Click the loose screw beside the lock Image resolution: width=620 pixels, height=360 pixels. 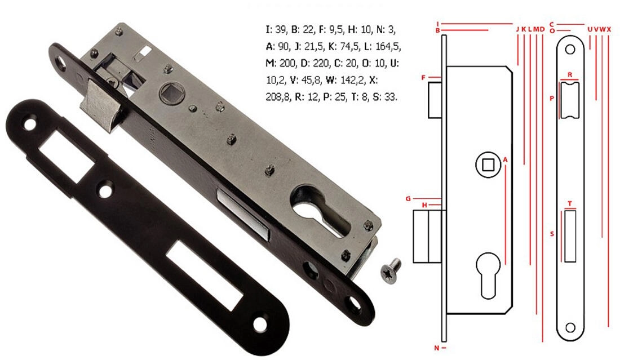click(x=391, y=270)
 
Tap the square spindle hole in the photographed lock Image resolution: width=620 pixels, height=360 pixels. click(x=171, y=94)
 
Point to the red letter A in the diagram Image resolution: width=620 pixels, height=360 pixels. click(x=505, y=159)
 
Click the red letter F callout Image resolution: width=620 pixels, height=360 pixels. click(x=423, y=78)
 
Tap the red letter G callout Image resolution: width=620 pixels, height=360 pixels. click(x=408, y=199)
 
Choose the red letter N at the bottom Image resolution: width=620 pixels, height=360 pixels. click(x=436, y=348)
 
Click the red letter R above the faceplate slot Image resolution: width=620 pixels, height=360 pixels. click(x=570, y=75)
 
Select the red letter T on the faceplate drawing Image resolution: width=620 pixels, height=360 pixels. click(x=570, y=204)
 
